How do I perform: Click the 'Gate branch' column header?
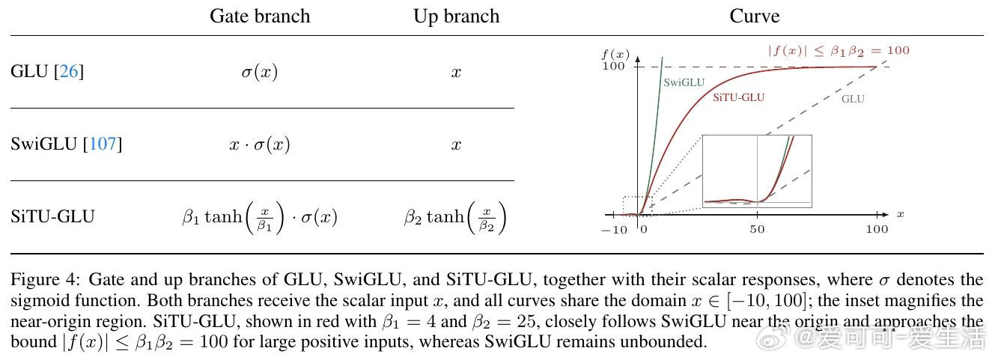(x=260, y=16)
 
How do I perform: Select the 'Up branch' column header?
(x=456, y=16)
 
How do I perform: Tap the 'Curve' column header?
(x=754, y=16)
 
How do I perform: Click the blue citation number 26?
(x=69, y=71)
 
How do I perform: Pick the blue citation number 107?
(x=103, y=144)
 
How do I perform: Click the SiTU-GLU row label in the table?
(x=52, y=216)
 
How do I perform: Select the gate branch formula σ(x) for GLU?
(x=260, y=71)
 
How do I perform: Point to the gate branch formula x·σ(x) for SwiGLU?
(x=260, y=144)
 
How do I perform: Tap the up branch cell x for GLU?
(x=456, y=72)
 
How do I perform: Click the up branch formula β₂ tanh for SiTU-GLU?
(x=455, y=217)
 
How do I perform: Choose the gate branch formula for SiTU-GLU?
(x=260, y=217)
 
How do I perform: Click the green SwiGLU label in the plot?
(x=684, y=82)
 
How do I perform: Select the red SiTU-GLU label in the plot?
(x=739, y=97)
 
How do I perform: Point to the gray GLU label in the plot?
(x=853, y=99)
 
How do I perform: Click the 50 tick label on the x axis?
(x=758, y=229)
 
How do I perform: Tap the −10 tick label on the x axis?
(x=615, y=230)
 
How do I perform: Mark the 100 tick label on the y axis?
(x=613, y=66)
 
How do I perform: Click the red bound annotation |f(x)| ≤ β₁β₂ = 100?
(x=839, y=51)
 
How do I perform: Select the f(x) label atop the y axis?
(x=615, y=55)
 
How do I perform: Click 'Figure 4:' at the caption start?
(x=46, y=280)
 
